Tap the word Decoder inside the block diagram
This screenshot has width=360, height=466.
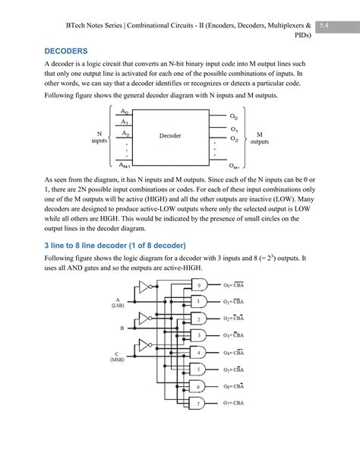(169, 136)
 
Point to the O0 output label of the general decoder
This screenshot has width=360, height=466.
(234, 118)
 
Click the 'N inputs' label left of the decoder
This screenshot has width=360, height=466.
(99, 136)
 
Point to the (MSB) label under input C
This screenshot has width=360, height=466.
(118, 360)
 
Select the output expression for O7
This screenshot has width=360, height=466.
(234, 403)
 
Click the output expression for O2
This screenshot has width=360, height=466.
(234, 319)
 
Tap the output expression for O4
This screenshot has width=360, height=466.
(234, 352)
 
